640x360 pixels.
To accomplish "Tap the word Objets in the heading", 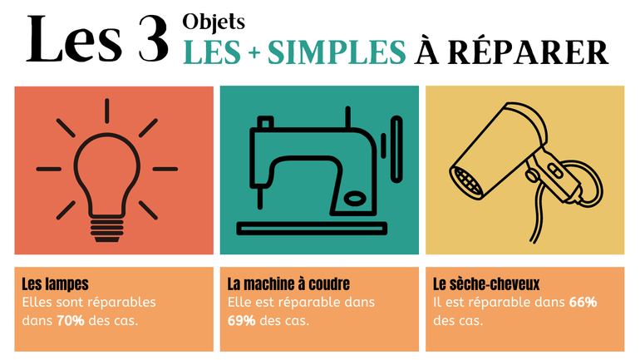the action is pyautogui.click(x=214, y=22).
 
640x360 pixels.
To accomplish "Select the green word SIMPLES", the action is pyautogui.click(x=337, y=52).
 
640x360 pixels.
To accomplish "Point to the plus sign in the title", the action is pyautogui.click(x=254, y=53).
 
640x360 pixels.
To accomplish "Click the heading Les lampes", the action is pyautogui.click(x=55, y=284).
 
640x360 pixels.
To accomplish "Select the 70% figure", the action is pyautogui.click(x=71, y=321).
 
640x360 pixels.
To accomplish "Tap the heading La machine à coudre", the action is pyautogui.click(x=288, y=284).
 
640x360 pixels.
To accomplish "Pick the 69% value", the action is pyautogui.click(x=242, y=321).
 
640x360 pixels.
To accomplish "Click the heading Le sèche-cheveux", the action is pyautogui.click(x=486, y=284).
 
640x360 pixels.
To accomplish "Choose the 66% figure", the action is pyautogui.click(x=583, y=303).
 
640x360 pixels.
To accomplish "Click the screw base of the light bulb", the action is pyautogui.click(x=107, y=230).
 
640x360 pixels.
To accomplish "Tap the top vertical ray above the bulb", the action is pyautogui.click(x=107, y=111).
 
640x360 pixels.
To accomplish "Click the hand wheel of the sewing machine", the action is pyautogui.click(x=396, y=149).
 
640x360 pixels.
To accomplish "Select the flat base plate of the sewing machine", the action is pyautogui.click(x=312, y=229).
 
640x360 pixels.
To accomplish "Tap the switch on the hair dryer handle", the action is pyautogui.click(x=555, y=170).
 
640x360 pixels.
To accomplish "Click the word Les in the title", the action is pyautogui.click(x=74, y=40).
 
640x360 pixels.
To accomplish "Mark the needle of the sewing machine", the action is pyautogui.click(x=259, y=198).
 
